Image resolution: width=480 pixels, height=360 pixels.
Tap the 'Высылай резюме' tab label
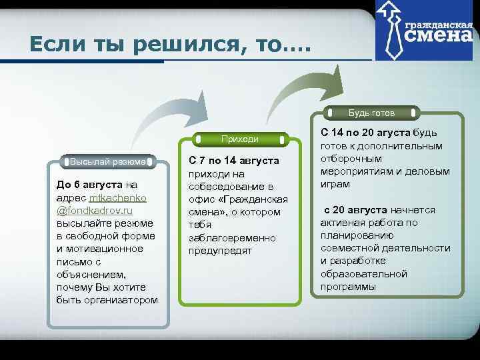[x=109, y=161]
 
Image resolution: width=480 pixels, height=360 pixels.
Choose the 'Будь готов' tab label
[x=371, y=113]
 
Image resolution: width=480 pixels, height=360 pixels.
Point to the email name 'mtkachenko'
[x=119, y=199]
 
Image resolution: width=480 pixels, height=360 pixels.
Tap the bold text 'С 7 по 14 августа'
[x=233, y=161]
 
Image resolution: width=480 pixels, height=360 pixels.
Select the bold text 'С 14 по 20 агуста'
[x=365, y=132]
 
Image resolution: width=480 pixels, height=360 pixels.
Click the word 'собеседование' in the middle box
[x=223, y=187]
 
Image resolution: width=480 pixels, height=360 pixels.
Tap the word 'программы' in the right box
[x=348, y=287]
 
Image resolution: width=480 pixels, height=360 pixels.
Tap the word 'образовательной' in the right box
[x=363, y=274]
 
